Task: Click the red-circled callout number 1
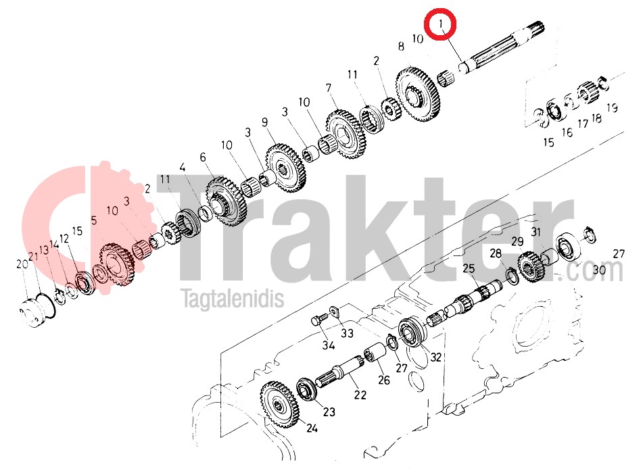(441, 24)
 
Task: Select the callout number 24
(312, 428)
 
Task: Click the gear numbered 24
(280, 405)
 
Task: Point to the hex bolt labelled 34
(318, 320)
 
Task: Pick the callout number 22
(360, 395)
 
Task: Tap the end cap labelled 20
(33, 313)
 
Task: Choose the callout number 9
(264, 122)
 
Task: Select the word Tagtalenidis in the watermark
(233, 298)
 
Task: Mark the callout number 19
(612, 108)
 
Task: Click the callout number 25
(469, 268)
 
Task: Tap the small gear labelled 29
(531, 267)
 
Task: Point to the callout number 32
(435, 357)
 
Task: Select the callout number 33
(347, 333)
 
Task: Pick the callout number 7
(329, 88)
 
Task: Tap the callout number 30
(599, 270)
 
